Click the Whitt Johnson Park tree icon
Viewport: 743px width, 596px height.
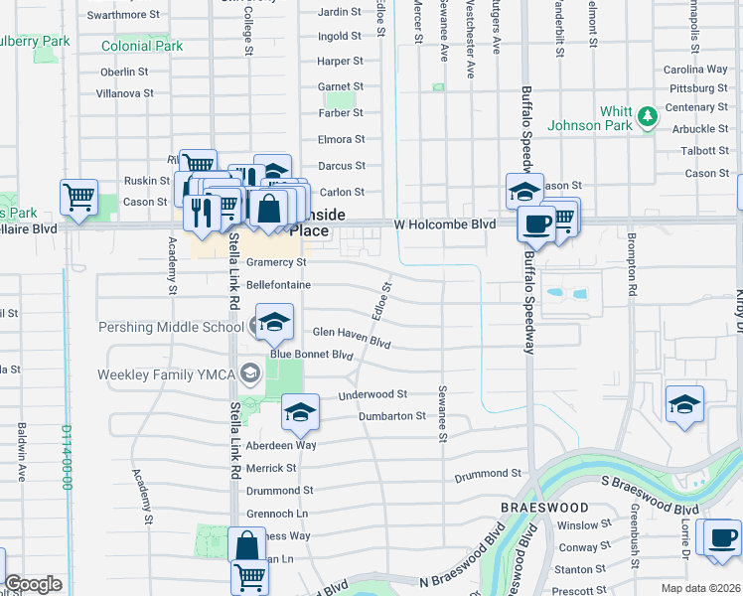click(x=648, y=117)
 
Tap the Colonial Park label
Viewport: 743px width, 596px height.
click(x=142, y=46)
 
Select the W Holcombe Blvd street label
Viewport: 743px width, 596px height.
click(x=444, y=225)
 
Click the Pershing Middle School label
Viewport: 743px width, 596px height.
click(x=171, y=327)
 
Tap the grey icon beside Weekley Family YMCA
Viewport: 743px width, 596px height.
click(x=251, y=374)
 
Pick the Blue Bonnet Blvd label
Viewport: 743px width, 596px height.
click(x=312, y=355)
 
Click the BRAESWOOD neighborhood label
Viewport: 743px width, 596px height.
click(x=544, y=507)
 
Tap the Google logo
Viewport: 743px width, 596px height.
click(x=33, y=584)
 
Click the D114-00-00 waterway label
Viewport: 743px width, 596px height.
click(x=67, y=457)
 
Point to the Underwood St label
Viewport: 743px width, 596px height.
click(x=372, y=394)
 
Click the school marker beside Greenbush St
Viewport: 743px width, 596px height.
click(x=684, y=404)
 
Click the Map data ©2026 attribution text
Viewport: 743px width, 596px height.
click(x=700, y=588)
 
